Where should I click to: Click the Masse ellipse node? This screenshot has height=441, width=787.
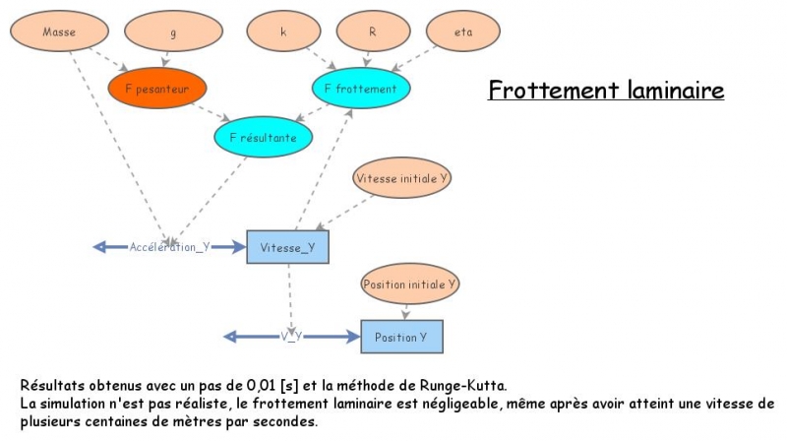(58, 31)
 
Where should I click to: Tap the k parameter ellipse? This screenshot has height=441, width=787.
(284, 31)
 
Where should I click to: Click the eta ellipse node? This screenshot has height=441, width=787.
(463, 31)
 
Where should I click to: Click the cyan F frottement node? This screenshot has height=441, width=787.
(360, 89)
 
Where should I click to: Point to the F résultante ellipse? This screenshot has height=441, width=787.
(262, 137)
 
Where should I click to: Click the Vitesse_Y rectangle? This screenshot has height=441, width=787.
(288, 247)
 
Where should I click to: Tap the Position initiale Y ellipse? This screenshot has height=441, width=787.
(410, 283)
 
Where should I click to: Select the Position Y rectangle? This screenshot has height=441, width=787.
(401, 337)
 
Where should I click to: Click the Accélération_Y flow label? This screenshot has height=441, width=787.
(170, 247)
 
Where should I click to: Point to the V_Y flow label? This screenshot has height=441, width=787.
(290, 337)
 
